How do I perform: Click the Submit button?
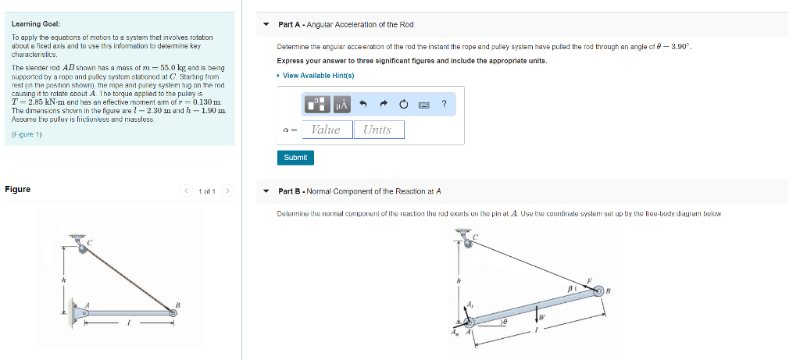tap(295, 157)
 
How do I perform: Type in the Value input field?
tap(326, 130)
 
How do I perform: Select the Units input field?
tap(378, 130)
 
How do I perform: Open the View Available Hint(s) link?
tap(318, 76)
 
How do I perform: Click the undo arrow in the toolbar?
tap(363, 104)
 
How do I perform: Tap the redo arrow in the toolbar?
tap(384, 104)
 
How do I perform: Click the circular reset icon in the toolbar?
tap(404, 104)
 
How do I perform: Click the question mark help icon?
tap(444, 104)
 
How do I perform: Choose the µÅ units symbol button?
tap(341, 104)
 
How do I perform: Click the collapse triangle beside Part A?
tap(266, 25)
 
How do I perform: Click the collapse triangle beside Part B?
tap(266, 191)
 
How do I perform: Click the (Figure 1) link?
tap(27, 134)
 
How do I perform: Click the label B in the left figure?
tap(177, 304)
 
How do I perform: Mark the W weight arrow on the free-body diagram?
tap(537, 315)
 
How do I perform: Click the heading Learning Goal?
tap(30, 24)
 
